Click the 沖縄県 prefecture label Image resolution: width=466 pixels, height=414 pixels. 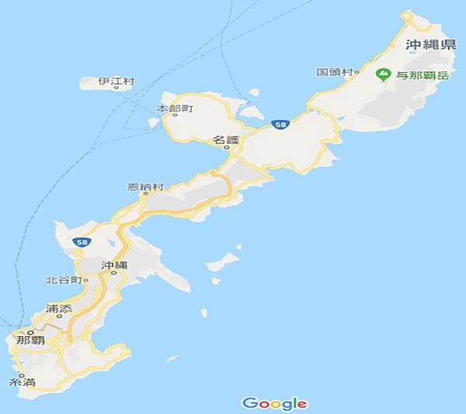pos(430,45)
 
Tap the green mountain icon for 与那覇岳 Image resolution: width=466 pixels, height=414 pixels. pos(382,74)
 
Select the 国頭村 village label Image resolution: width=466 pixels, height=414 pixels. pos(333,72)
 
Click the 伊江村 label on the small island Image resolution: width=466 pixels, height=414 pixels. pos(116,80)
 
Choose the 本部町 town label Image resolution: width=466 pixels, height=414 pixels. pos(175,107)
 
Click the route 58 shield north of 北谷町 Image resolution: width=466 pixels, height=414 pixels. pos(81,243)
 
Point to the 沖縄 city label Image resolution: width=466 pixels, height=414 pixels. pos(113,265)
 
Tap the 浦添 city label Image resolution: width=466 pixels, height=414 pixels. pos(59,307)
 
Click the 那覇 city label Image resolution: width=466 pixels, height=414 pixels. pos(30,340)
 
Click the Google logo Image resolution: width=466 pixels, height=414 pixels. pos(274,403)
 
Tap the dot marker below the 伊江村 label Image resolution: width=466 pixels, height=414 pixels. pos(116,88)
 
